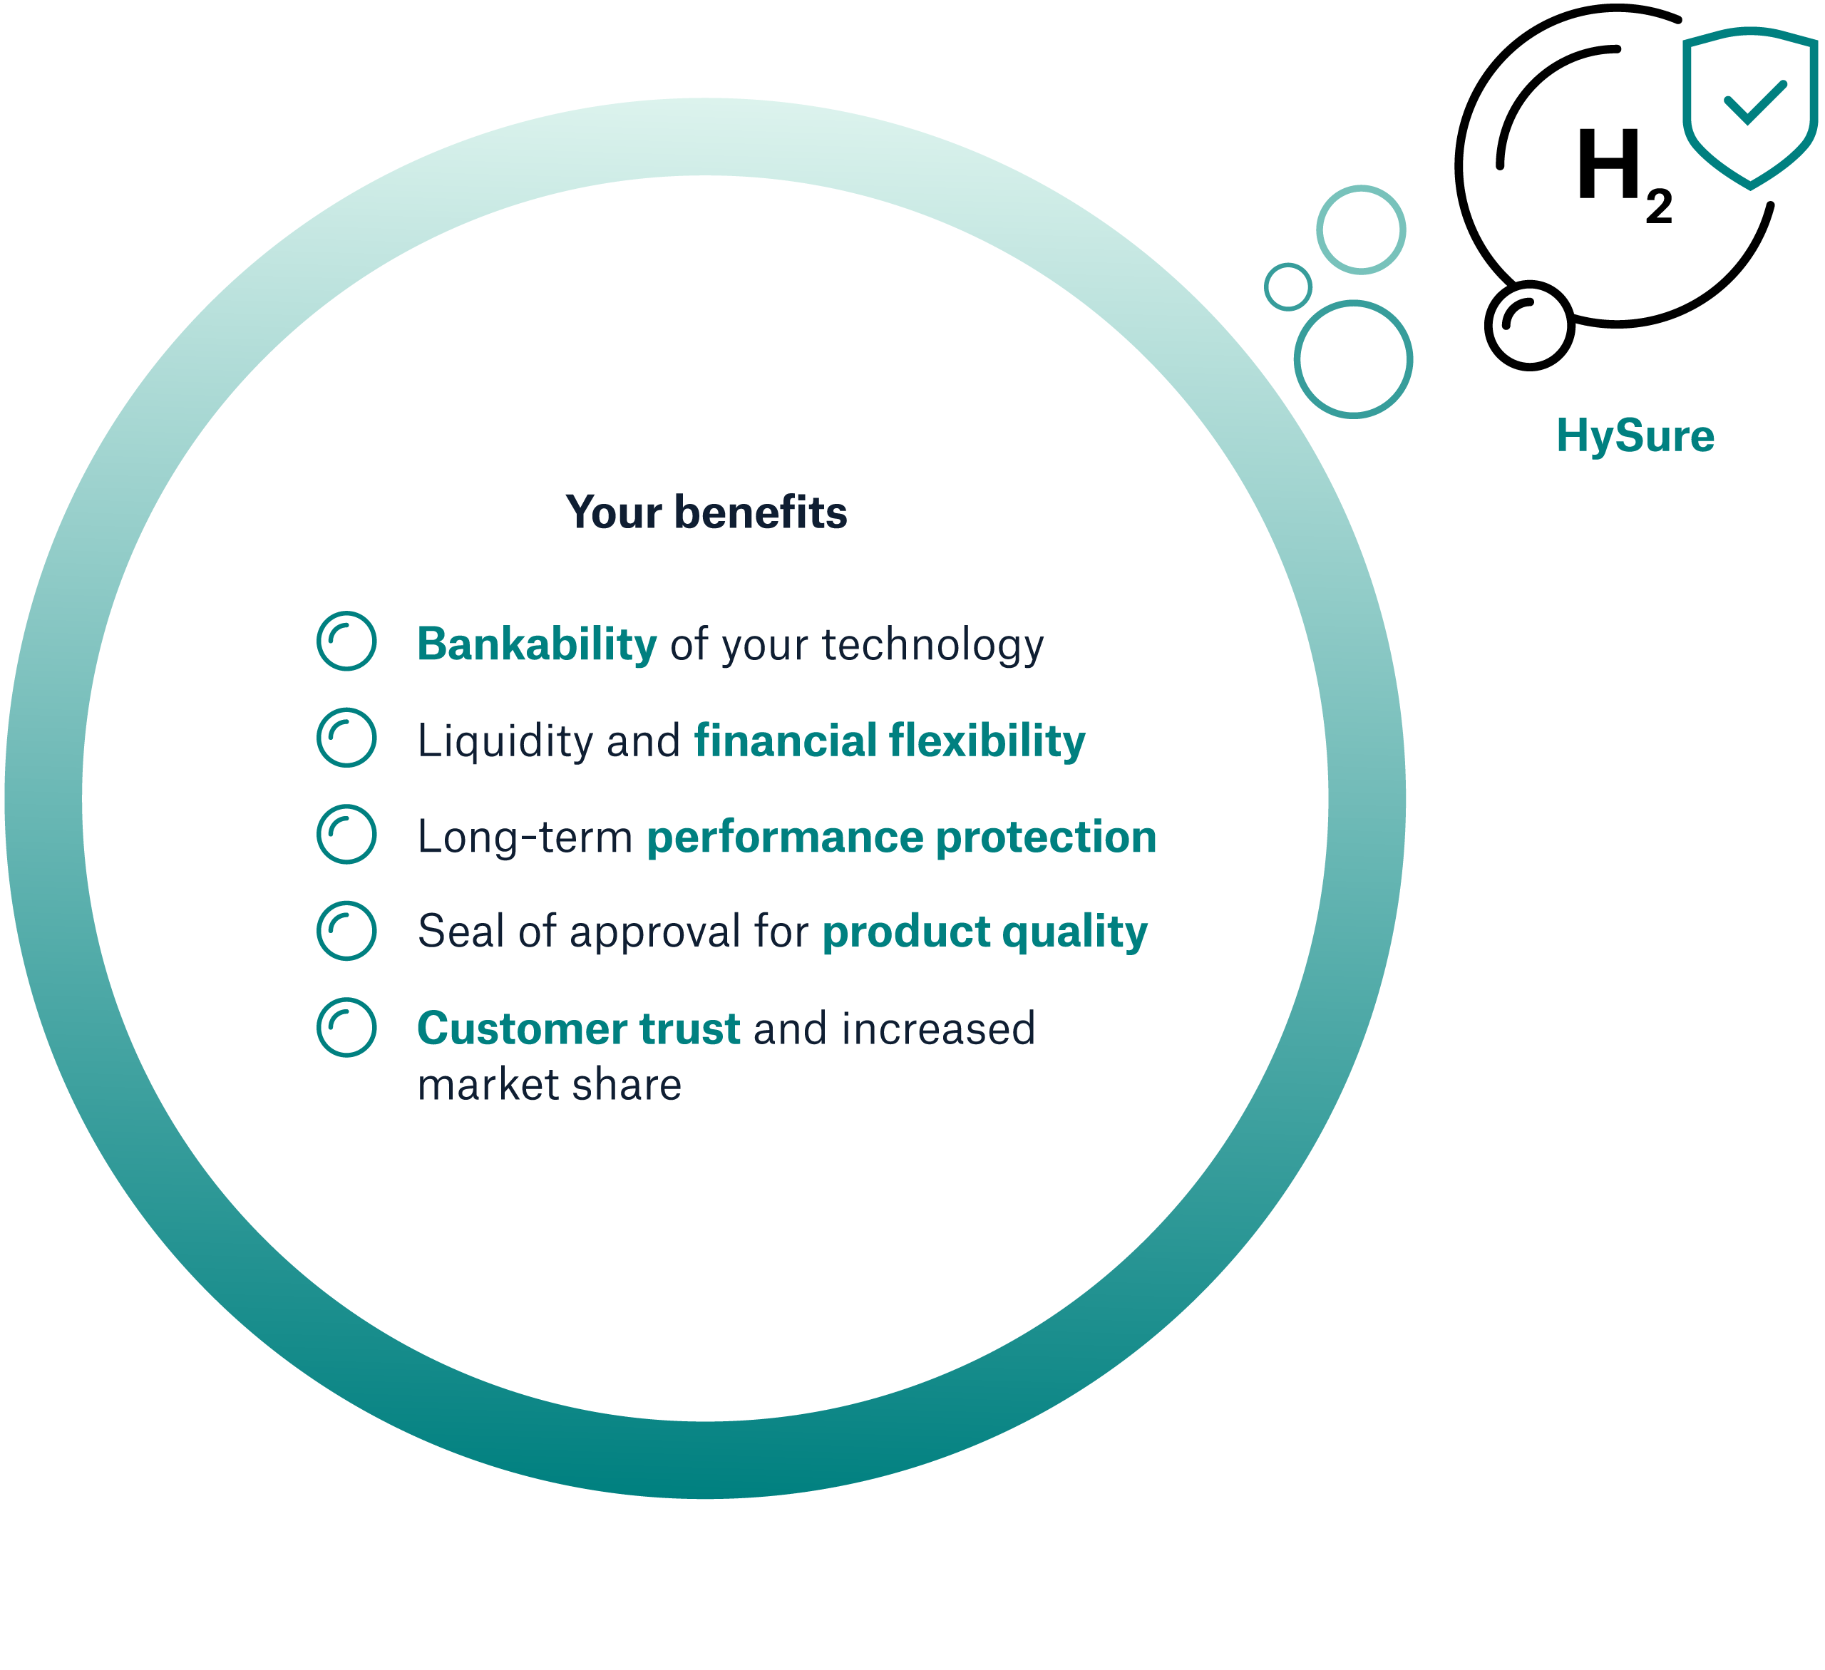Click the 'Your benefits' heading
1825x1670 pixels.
pos(706,512)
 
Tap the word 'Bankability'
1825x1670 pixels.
pos(537,644)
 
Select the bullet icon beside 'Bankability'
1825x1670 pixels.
pos(346,641)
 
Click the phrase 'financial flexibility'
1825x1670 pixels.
pos(890,741)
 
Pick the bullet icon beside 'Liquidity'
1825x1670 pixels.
pos(346,738)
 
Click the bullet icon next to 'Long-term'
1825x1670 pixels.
pos(346,834)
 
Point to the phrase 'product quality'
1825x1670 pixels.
pos(985,933)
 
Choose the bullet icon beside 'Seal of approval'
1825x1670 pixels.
pos(346,930)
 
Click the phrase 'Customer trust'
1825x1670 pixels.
pos(578,1029)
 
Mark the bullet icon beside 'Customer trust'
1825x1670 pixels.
pos(346,1027)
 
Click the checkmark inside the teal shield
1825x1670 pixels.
pos(1755,103)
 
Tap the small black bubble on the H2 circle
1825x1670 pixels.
pos(1530,326)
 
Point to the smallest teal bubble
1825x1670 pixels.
pos(1287,287)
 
